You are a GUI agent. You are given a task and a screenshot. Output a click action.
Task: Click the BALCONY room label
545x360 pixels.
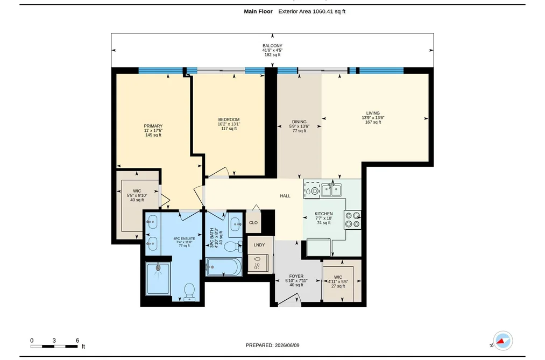[x=272, y=46]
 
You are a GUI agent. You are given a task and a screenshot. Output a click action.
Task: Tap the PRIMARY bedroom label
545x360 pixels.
[x=153, y=126]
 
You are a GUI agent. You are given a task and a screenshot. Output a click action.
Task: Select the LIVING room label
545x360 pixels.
[x=373, y=113]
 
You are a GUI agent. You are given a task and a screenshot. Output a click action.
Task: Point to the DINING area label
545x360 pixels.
[x=299, y=122]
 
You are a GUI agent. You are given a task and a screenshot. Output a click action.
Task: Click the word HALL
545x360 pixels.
[x=285, y=196]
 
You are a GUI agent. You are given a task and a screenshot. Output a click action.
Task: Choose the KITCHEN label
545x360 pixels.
[x=323, y=214]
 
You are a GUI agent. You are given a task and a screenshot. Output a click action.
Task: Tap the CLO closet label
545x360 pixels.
[x=253, y=222]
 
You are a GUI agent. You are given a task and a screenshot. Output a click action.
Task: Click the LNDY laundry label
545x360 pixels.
[x=259, y=245]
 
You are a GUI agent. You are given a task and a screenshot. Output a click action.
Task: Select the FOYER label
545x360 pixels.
[x=296, y=276]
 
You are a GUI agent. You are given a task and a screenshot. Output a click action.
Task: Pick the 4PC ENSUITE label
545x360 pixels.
[x=184, y=239]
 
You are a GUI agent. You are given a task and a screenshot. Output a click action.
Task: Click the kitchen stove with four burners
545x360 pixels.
[x=352, y=220]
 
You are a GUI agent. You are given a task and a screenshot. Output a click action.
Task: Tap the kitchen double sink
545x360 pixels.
[x=331, y=190]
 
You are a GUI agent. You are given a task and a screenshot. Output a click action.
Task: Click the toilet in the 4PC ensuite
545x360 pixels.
[x=189, y=292]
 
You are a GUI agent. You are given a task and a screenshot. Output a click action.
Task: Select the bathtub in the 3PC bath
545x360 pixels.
[x=223, y=267]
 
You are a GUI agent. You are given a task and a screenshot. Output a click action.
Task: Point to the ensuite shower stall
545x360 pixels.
[x=158, y=279]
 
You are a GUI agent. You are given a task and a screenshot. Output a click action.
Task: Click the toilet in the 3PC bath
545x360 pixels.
[x=233, y=246]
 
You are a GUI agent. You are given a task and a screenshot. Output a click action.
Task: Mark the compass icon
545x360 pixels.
[x=502, y=341]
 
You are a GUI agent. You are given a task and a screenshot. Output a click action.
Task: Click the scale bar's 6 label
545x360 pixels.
[x=77, y=341]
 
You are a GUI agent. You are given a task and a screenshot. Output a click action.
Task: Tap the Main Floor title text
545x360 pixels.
[x=258, y=11]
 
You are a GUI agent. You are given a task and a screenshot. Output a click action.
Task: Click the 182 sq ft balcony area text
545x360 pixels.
[x=272, y=54]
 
